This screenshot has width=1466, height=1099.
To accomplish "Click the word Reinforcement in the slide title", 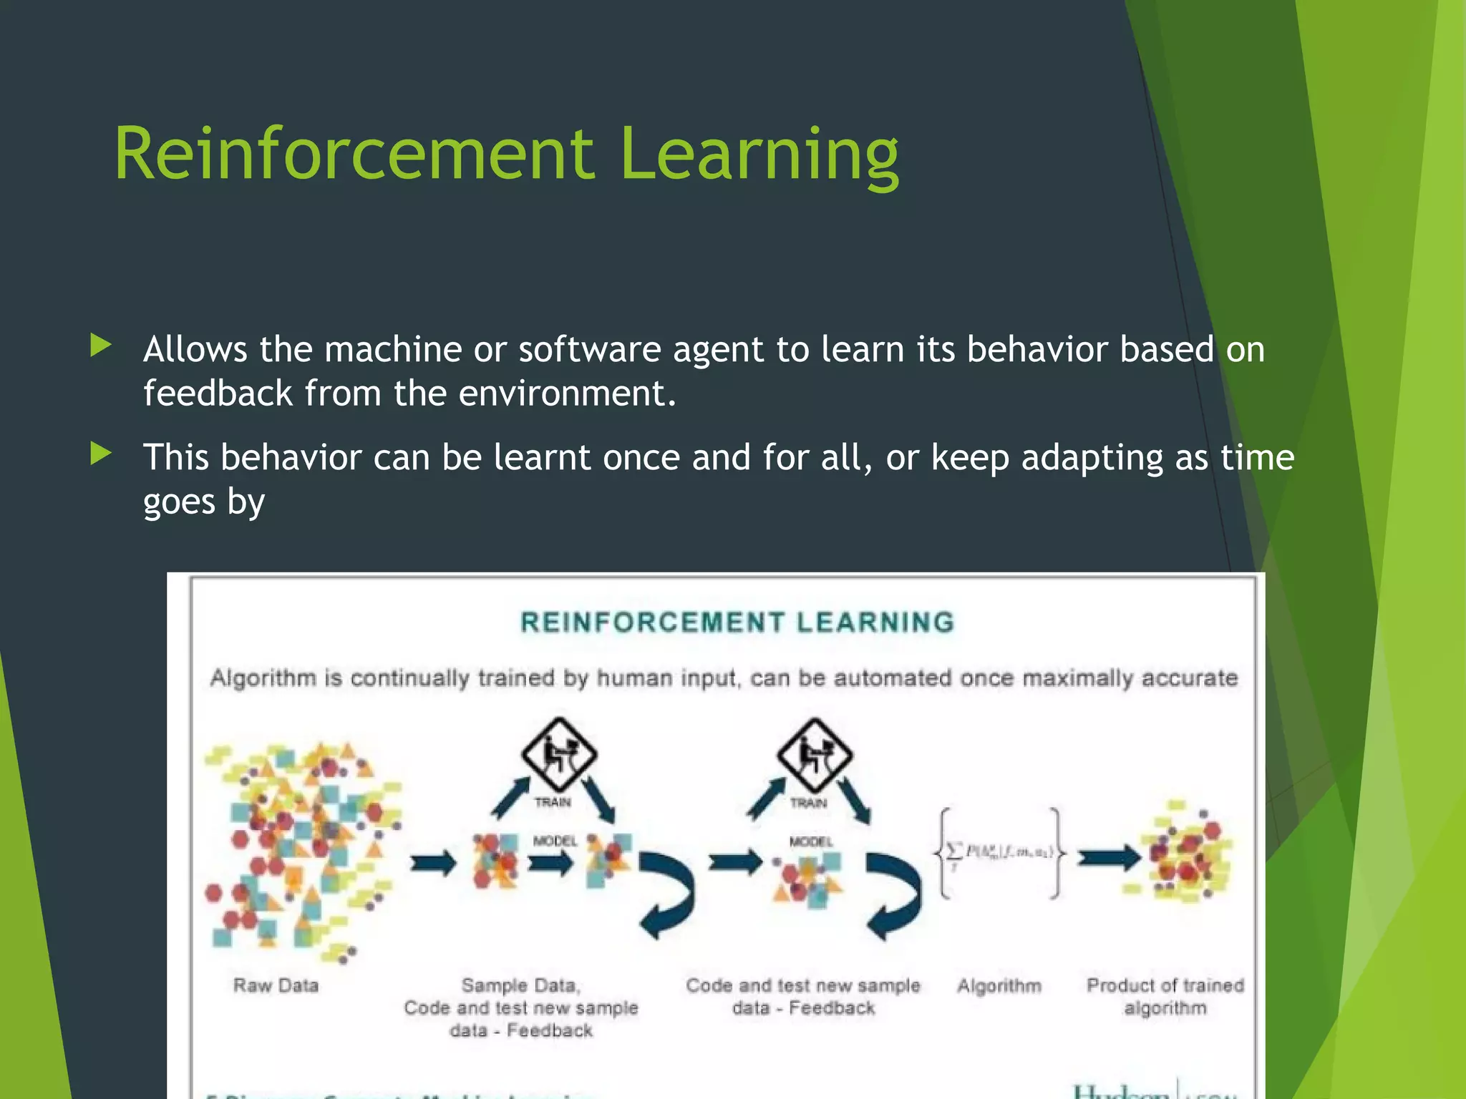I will [x=354, y=154].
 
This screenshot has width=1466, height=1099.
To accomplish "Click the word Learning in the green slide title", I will [x=759, y=154].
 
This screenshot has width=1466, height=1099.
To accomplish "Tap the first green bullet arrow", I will [x=102, y=346].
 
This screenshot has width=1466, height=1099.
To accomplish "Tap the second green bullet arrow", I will [x=102, y=454].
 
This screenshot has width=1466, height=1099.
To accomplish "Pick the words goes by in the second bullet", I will [x=204, y=502].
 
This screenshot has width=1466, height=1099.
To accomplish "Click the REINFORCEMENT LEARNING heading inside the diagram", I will [x=737, y=622].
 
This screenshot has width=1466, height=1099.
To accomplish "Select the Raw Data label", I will [x=276, y=986].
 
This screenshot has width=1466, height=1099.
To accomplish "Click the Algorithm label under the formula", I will [x=999, y=986].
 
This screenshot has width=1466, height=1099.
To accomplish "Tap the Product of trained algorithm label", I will [x=1165, y=997].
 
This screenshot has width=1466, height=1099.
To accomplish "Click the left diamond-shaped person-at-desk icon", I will [x=559, y=753].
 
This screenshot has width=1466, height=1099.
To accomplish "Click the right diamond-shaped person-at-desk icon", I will [x=815, y=753].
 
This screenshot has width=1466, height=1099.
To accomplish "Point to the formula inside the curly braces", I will [x=999, y=851].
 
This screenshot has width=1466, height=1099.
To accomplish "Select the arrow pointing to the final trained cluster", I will [x=1109, y=856].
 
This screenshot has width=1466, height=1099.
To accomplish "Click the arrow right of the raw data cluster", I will [x=433, y=863].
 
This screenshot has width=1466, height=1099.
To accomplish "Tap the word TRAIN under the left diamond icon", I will [x=553, y=803].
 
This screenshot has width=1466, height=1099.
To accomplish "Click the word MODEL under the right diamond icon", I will [x=811, y=841].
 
